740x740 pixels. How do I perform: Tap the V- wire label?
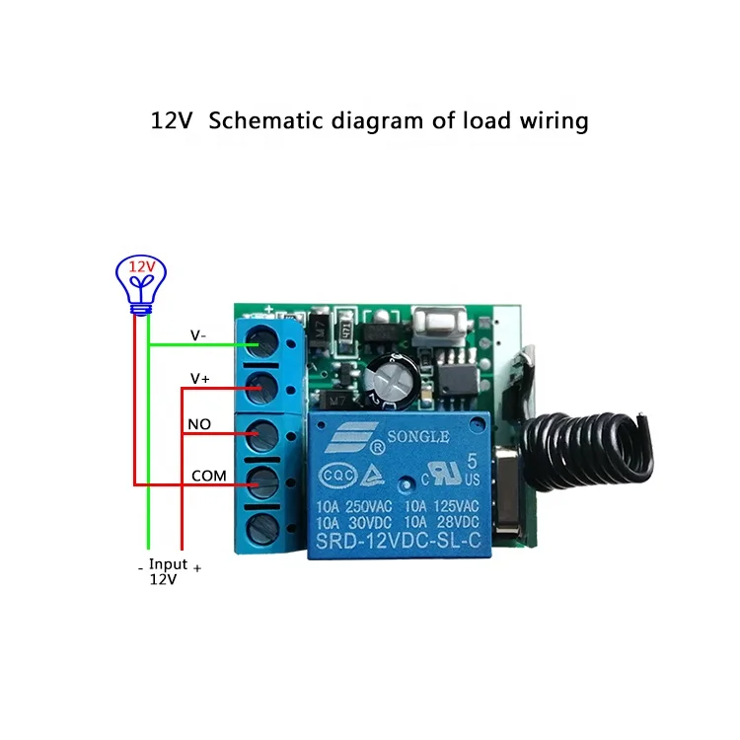pos(198,335)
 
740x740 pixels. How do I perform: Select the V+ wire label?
pos(199,379)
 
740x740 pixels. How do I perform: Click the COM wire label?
pos(208,476)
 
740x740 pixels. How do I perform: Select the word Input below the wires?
pos(168,564)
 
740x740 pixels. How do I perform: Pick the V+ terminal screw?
pos(261,387)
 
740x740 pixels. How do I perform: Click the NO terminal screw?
pos(261,434)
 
